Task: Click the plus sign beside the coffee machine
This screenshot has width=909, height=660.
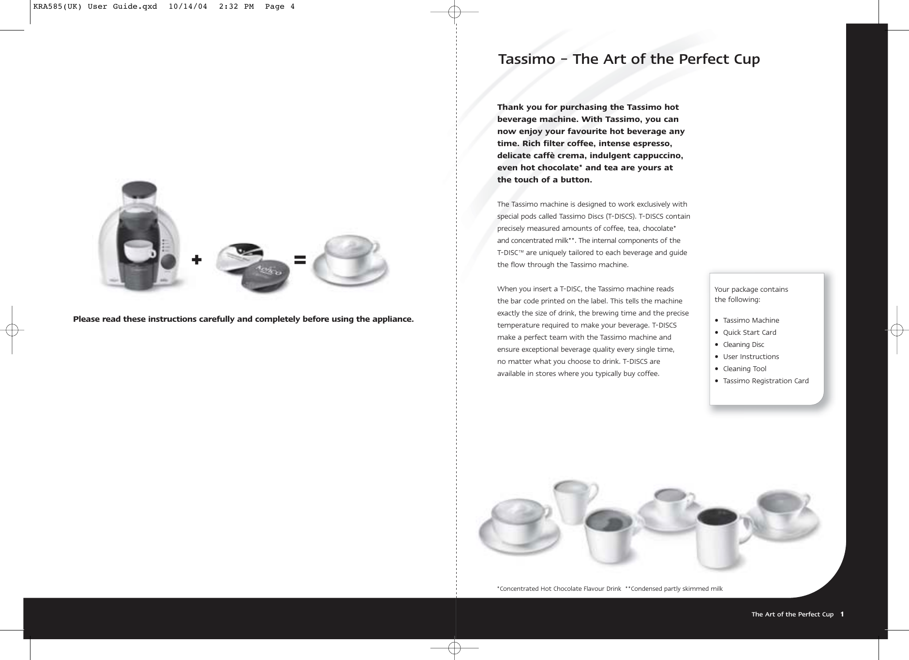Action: [196, 260]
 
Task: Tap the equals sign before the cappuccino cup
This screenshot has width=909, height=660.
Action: [300, 260]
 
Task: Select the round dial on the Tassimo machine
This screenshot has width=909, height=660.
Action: [168, 262]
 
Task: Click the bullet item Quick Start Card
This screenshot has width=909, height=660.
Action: [749, 332]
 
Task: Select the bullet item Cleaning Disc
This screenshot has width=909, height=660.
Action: [744, 345]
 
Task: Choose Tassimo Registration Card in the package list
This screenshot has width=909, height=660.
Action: [765, 381]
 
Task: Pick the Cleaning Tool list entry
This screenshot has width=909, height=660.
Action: [745, 369]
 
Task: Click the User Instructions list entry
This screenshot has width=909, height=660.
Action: [751, 357]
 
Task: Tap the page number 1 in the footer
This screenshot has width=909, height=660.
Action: [842, 614]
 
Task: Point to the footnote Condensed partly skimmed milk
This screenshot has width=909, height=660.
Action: [676, 589]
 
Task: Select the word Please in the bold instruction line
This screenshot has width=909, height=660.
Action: [85, 319]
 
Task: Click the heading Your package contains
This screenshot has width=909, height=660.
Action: [751, 289]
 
